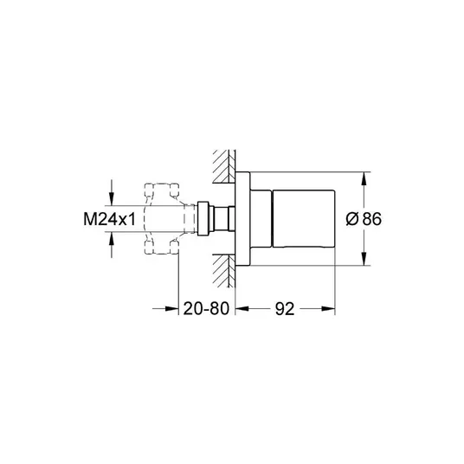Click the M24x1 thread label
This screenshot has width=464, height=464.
109,219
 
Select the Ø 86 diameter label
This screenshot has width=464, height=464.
364,219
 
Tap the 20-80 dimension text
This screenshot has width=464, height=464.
206,309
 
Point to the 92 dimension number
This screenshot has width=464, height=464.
285,309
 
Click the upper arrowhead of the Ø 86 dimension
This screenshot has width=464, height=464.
364,178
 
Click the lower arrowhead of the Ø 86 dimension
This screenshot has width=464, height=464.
364,259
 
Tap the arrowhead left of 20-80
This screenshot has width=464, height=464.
172,309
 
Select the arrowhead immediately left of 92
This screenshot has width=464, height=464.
242,309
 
